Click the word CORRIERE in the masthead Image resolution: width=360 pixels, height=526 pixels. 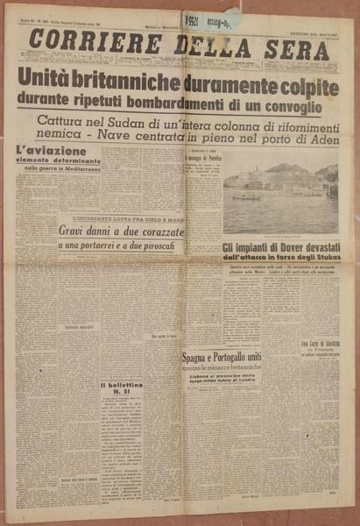point(82,41)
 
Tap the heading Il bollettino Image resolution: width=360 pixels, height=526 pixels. point(122,384)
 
